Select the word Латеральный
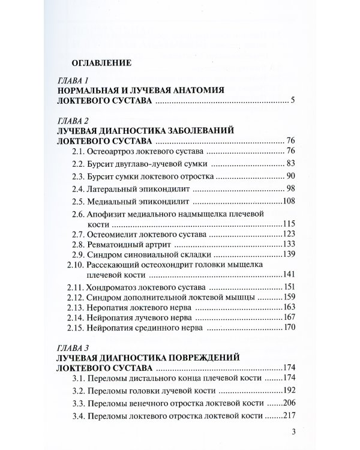click(x=112, y=189)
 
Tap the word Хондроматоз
click(x=115, y=286)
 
